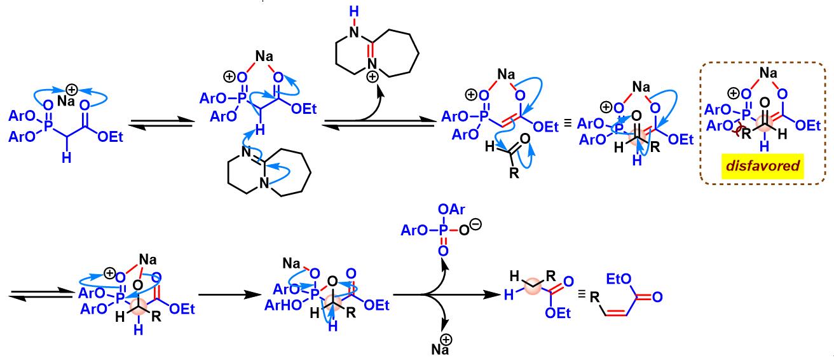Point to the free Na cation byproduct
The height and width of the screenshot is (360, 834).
point(442,347)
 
